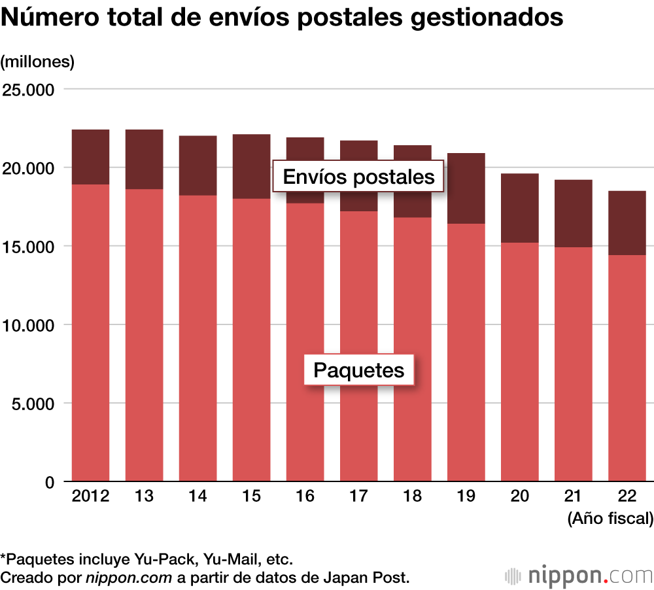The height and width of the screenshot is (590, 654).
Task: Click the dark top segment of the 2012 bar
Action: (90, 157)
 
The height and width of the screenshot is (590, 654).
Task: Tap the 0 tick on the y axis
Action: (48, 482)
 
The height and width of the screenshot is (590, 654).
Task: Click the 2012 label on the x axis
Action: (90, 496)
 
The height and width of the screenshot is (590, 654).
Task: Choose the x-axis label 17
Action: (358, 496)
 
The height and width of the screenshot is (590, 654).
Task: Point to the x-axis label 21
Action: (573, 496)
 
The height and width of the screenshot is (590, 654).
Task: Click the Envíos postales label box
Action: (358, 177)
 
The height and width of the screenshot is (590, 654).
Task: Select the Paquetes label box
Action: (359, 370)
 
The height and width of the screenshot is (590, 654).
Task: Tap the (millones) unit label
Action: (38, 62)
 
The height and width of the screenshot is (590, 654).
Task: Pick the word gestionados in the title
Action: (487, 18)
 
